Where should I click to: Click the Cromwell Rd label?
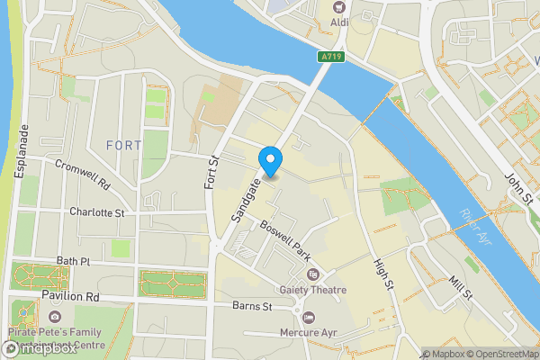pos(82,174)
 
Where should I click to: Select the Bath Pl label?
pos(74,261)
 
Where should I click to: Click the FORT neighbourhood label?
pos(123,145)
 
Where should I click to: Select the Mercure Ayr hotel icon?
pos(309,318)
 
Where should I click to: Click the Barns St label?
pos(252,307)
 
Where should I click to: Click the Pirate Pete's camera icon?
pos(56,317)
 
